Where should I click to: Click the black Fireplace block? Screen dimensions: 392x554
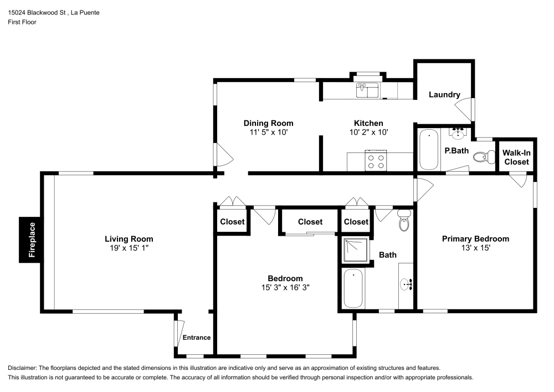[31, 239]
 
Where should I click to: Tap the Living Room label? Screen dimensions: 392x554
[129, 239]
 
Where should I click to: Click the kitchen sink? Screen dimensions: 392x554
[367, 89]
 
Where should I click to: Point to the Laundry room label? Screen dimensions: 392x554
[444, 95]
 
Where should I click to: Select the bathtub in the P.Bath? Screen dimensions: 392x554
[428, 150]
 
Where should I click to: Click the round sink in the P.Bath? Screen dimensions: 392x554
[458, 134]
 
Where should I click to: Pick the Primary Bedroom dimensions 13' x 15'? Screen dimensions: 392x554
[475, 248]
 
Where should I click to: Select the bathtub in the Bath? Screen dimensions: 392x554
[353, 288]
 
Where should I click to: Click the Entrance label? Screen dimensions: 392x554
[197, 337]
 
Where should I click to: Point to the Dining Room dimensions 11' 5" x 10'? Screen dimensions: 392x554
[269, 133]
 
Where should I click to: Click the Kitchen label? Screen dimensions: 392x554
[368, 123]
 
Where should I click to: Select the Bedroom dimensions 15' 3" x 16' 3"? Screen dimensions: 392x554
[285, 288]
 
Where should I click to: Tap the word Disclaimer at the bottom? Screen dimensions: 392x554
[23, 368]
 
